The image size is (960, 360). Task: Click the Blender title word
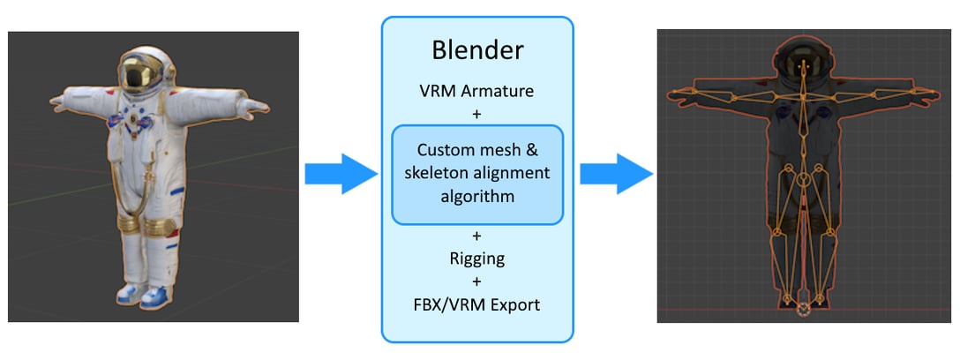point(476,50)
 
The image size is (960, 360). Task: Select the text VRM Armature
point(476,90)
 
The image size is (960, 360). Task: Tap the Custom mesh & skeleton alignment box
point(476,174)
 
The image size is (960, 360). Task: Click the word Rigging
point(476,259)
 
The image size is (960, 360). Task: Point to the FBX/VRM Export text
point(476,305)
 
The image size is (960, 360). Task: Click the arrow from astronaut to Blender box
point(341,173)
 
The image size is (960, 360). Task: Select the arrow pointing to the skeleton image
point(616,173)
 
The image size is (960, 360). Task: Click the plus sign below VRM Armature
point(476,112)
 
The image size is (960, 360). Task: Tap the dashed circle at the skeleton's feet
point(803,309)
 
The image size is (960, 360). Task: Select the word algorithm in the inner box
point(476,196)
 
